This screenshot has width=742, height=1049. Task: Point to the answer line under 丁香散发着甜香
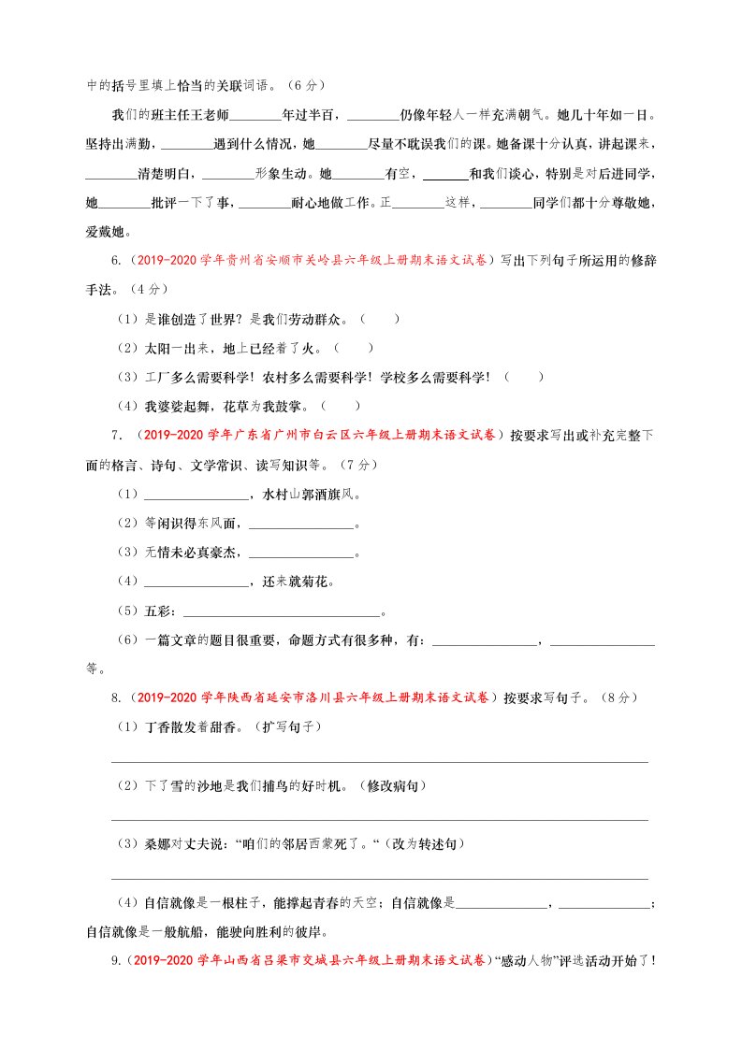click(x=379, y=762)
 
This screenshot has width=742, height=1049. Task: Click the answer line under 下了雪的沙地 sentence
click(x=379, y=820)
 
